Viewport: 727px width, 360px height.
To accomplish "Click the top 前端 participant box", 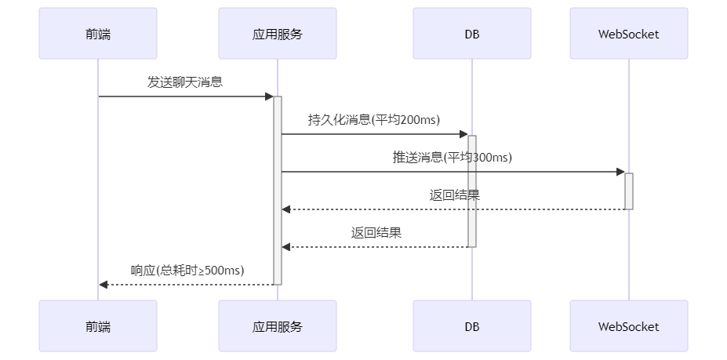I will (98, 34).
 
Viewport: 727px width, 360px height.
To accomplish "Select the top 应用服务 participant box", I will (278, 34).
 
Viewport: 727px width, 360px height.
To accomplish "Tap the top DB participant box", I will (472, 34).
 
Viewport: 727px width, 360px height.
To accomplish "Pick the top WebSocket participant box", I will (628, 34).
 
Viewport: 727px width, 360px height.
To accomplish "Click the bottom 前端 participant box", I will (98, 326).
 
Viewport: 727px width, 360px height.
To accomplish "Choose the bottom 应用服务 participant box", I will (278, 326).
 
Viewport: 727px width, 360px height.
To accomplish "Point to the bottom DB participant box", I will (472, 326).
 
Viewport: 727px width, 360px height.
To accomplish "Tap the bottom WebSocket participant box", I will (628, 326).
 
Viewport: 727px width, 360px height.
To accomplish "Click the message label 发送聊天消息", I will (185, 82).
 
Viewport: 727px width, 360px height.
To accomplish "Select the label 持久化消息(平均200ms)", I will (373, 119).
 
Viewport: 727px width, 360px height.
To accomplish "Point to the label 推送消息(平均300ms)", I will (452, 157).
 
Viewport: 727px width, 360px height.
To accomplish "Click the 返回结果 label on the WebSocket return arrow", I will (454, 195).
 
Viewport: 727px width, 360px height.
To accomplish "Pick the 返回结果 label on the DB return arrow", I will (376, 232).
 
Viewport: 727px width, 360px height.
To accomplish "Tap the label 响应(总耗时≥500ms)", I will (187, 270).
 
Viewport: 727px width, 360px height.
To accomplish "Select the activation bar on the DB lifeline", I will (472, 191).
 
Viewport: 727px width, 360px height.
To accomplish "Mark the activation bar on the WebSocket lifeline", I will (628, 191).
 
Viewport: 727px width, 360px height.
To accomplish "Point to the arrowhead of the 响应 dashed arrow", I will (103, 284).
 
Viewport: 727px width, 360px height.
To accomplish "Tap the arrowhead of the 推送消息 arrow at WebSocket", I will (620, 172).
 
